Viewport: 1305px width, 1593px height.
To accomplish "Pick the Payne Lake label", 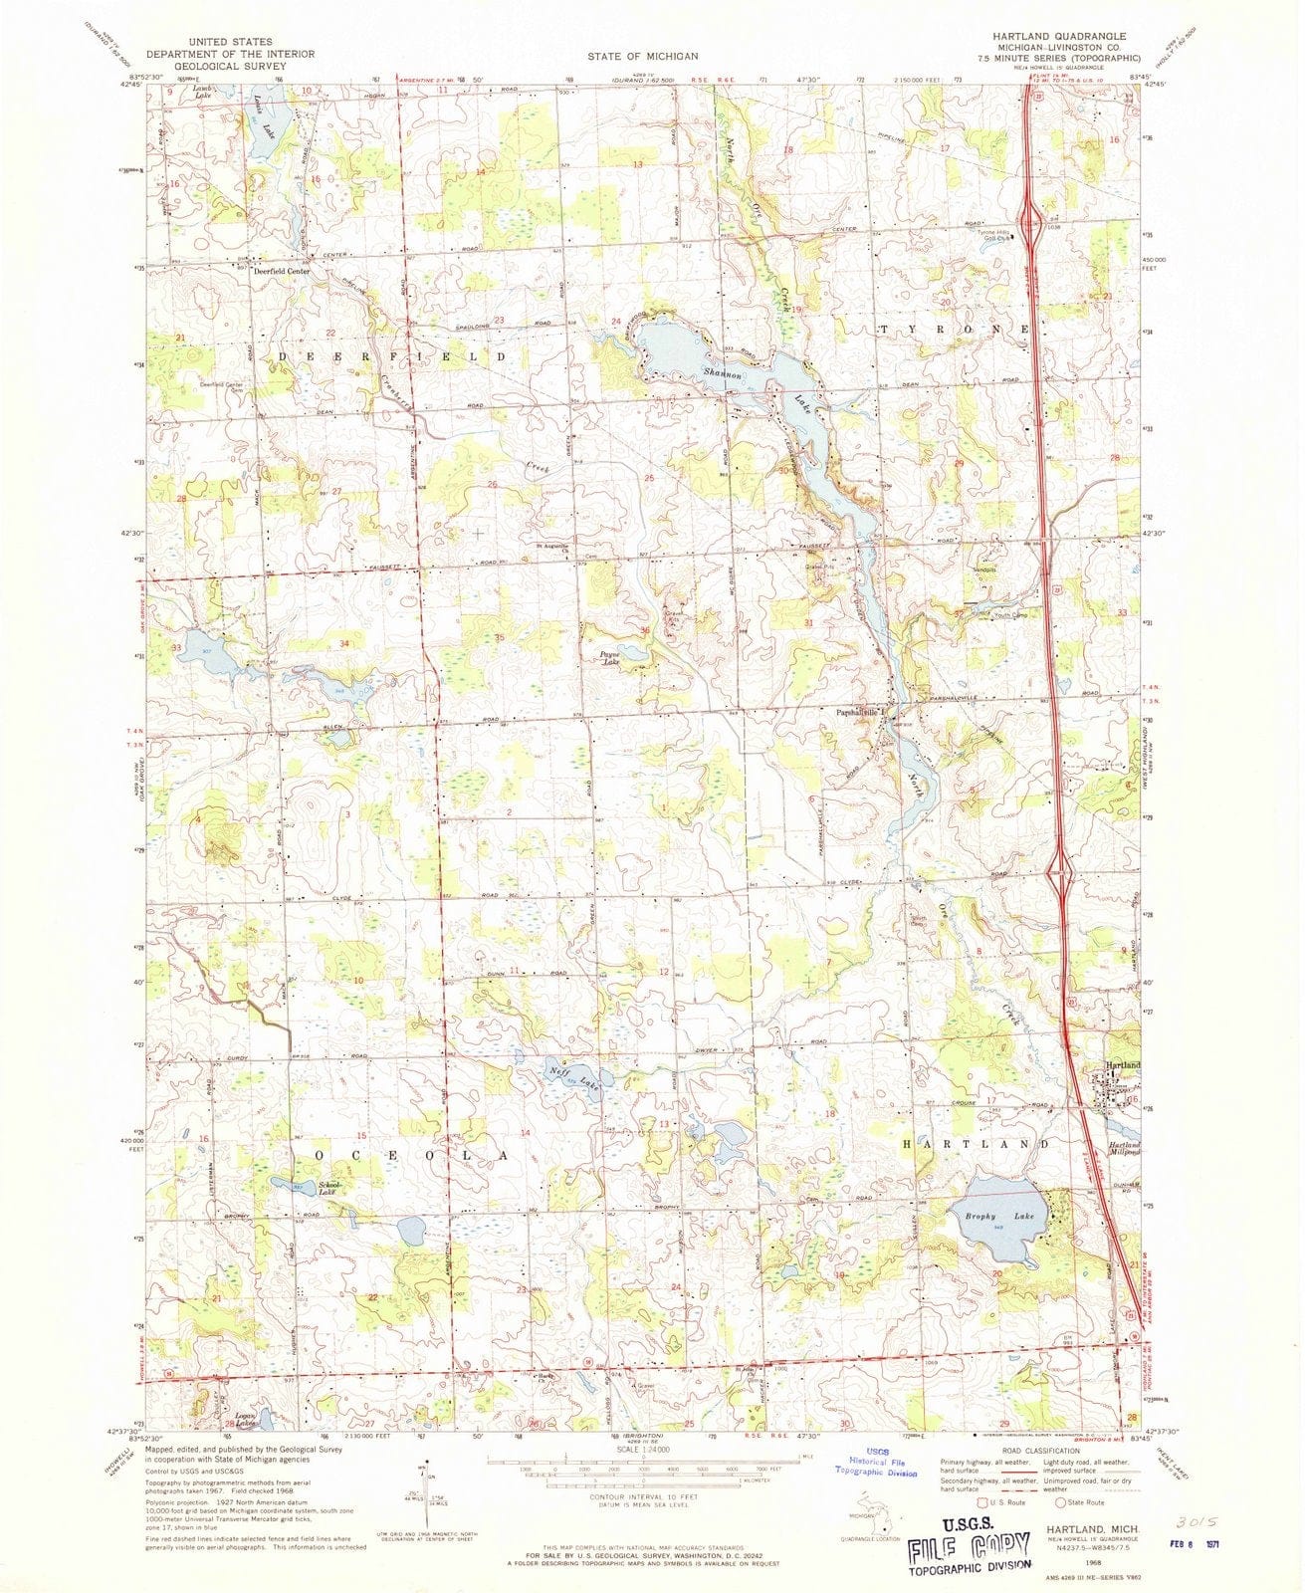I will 610,658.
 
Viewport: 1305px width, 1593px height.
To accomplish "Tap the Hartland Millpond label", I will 1125,1151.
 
